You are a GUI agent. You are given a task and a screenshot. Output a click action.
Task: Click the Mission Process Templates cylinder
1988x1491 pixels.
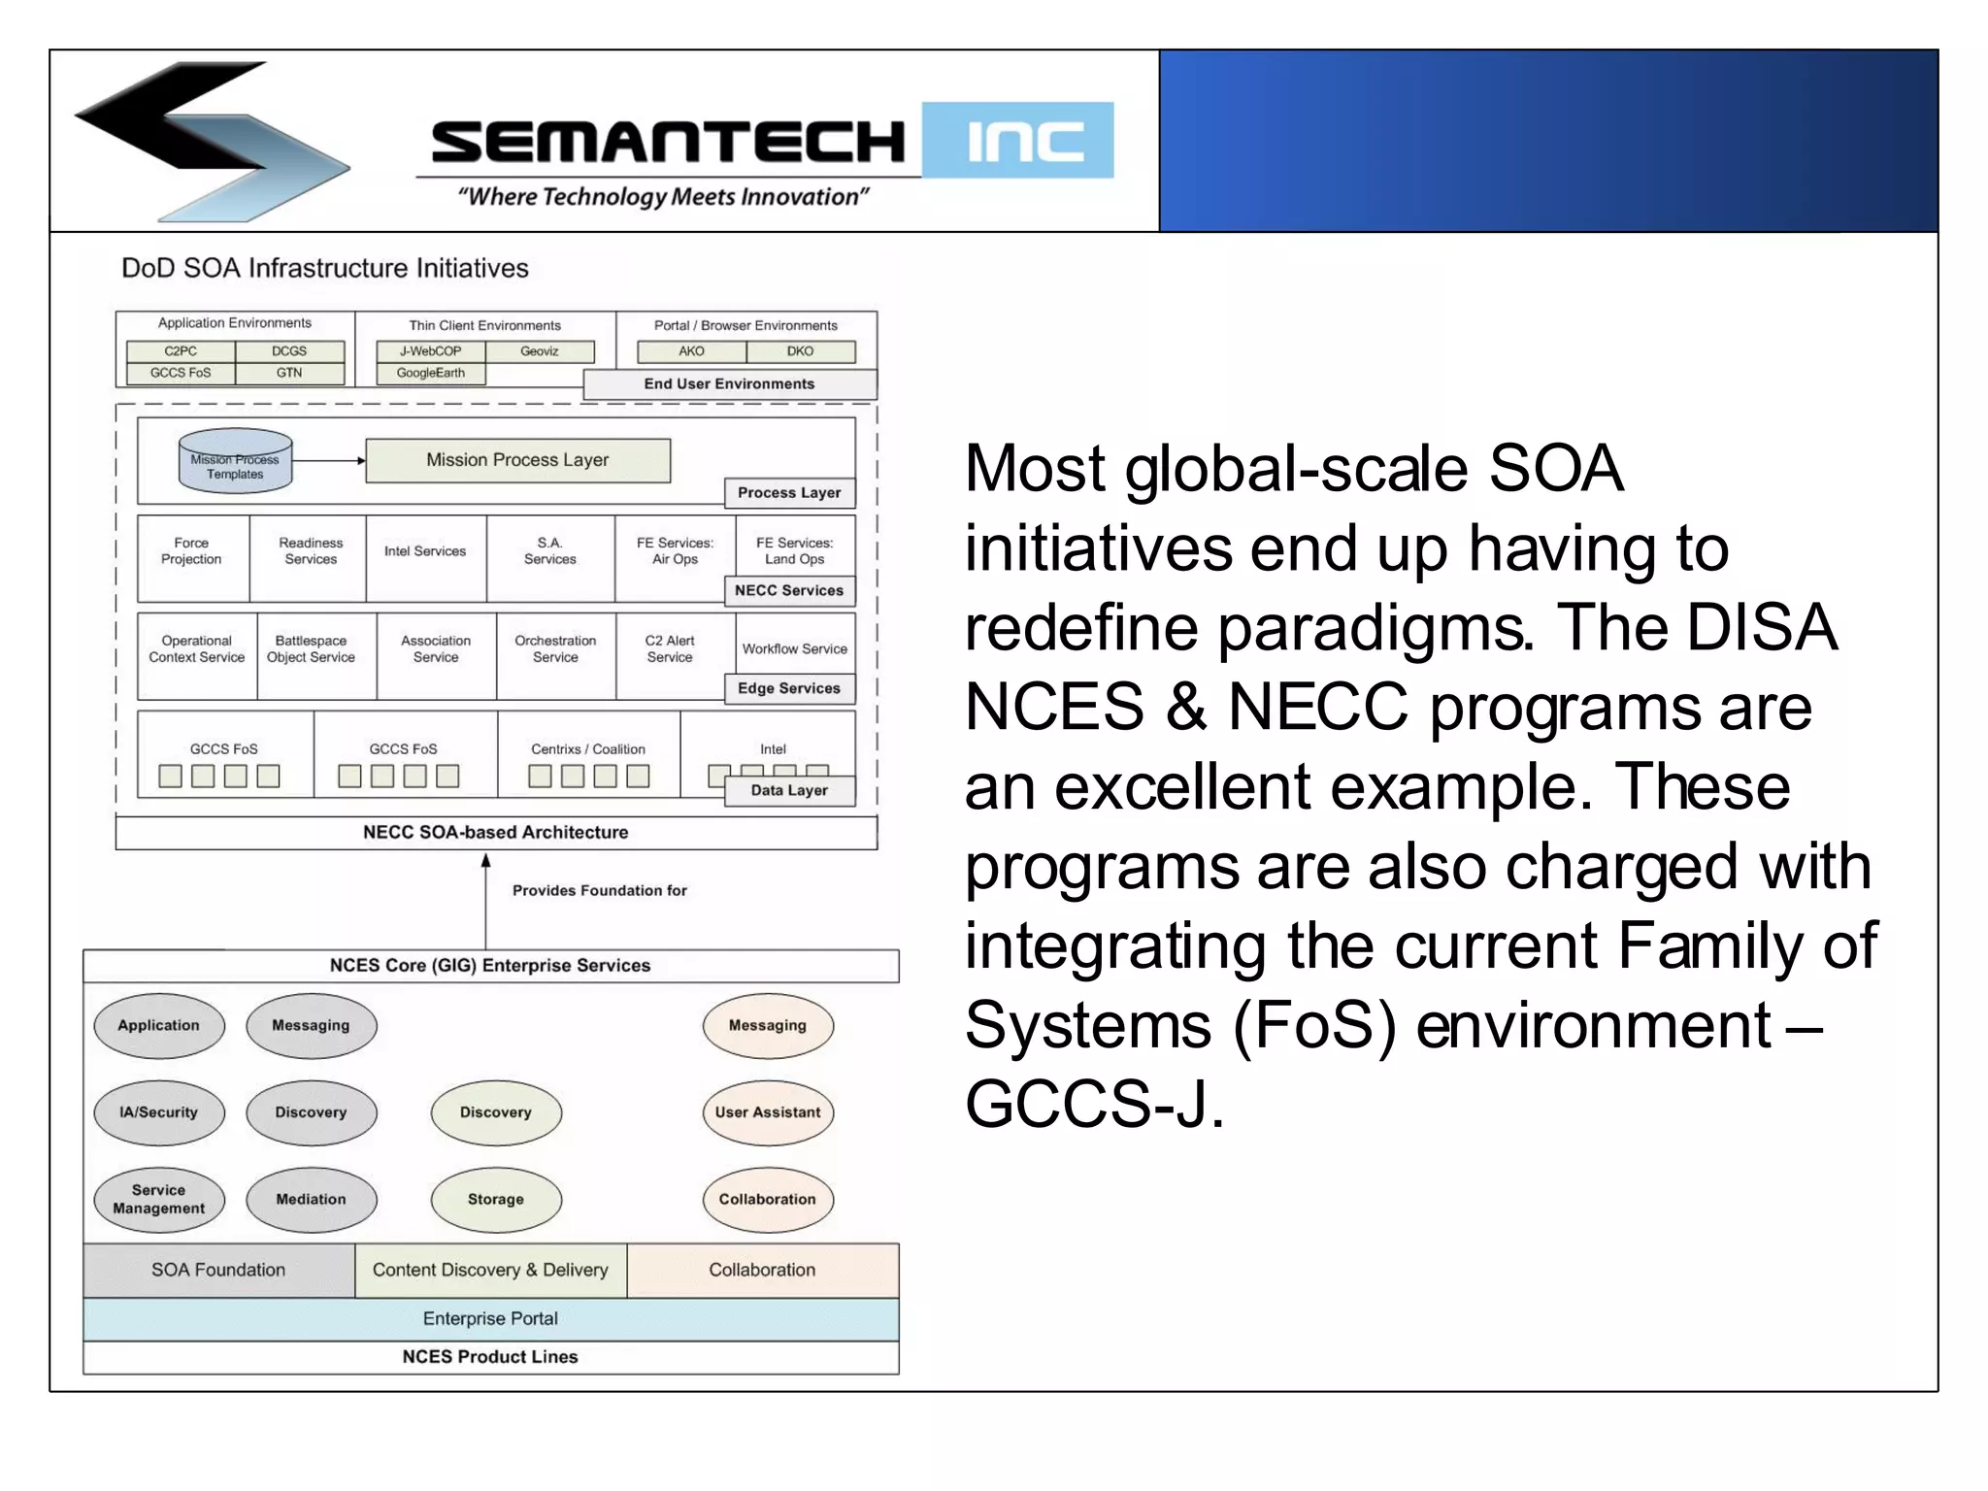(x=235, y=461)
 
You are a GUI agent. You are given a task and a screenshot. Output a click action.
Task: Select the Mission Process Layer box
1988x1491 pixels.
(x=517, y=460)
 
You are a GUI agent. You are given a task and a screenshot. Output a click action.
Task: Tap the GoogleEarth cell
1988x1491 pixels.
(x=430, y=373)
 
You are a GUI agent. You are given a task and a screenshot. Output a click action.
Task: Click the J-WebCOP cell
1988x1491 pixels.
(x=430, y=351)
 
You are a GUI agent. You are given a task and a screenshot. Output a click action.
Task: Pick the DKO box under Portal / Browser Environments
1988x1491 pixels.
(x=800, y=351)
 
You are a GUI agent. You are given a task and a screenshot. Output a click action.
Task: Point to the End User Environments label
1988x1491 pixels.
(x=729, y=384)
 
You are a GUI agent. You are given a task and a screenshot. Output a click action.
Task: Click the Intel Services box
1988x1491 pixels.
(x=425, y=551)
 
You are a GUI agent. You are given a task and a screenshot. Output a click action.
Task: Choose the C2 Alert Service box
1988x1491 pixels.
(x=670, y=649)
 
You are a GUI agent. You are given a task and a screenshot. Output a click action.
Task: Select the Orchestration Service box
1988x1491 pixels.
(x=555, y=649)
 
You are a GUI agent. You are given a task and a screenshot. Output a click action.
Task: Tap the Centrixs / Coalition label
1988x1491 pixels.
(x=587, y=749)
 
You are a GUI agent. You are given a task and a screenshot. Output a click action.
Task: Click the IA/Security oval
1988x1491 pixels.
(x=158, y=1112)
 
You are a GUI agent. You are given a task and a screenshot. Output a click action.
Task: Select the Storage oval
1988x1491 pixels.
(x=495, y=1200)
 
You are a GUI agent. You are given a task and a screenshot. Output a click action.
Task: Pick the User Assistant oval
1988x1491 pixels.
(x=767, y=1112)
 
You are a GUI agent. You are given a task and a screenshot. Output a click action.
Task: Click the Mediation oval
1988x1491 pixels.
(x=311, y=1200)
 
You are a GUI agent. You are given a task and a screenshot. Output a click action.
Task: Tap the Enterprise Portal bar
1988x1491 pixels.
(x=490, y=1319)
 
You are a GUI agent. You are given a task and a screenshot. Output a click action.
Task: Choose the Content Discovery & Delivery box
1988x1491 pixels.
(x=490, y=1271)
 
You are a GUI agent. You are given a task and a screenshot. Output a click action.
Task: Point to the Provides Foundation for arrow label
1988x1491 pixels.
(x=599, y=891)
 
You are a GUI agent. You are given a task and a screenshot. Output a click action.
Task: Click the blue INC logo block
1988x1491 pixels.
(x=1017, y=141)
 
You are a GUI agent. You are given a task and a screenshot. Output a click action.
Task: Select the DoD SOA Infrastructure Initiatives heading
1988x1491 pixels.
(x=324, y=269)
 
